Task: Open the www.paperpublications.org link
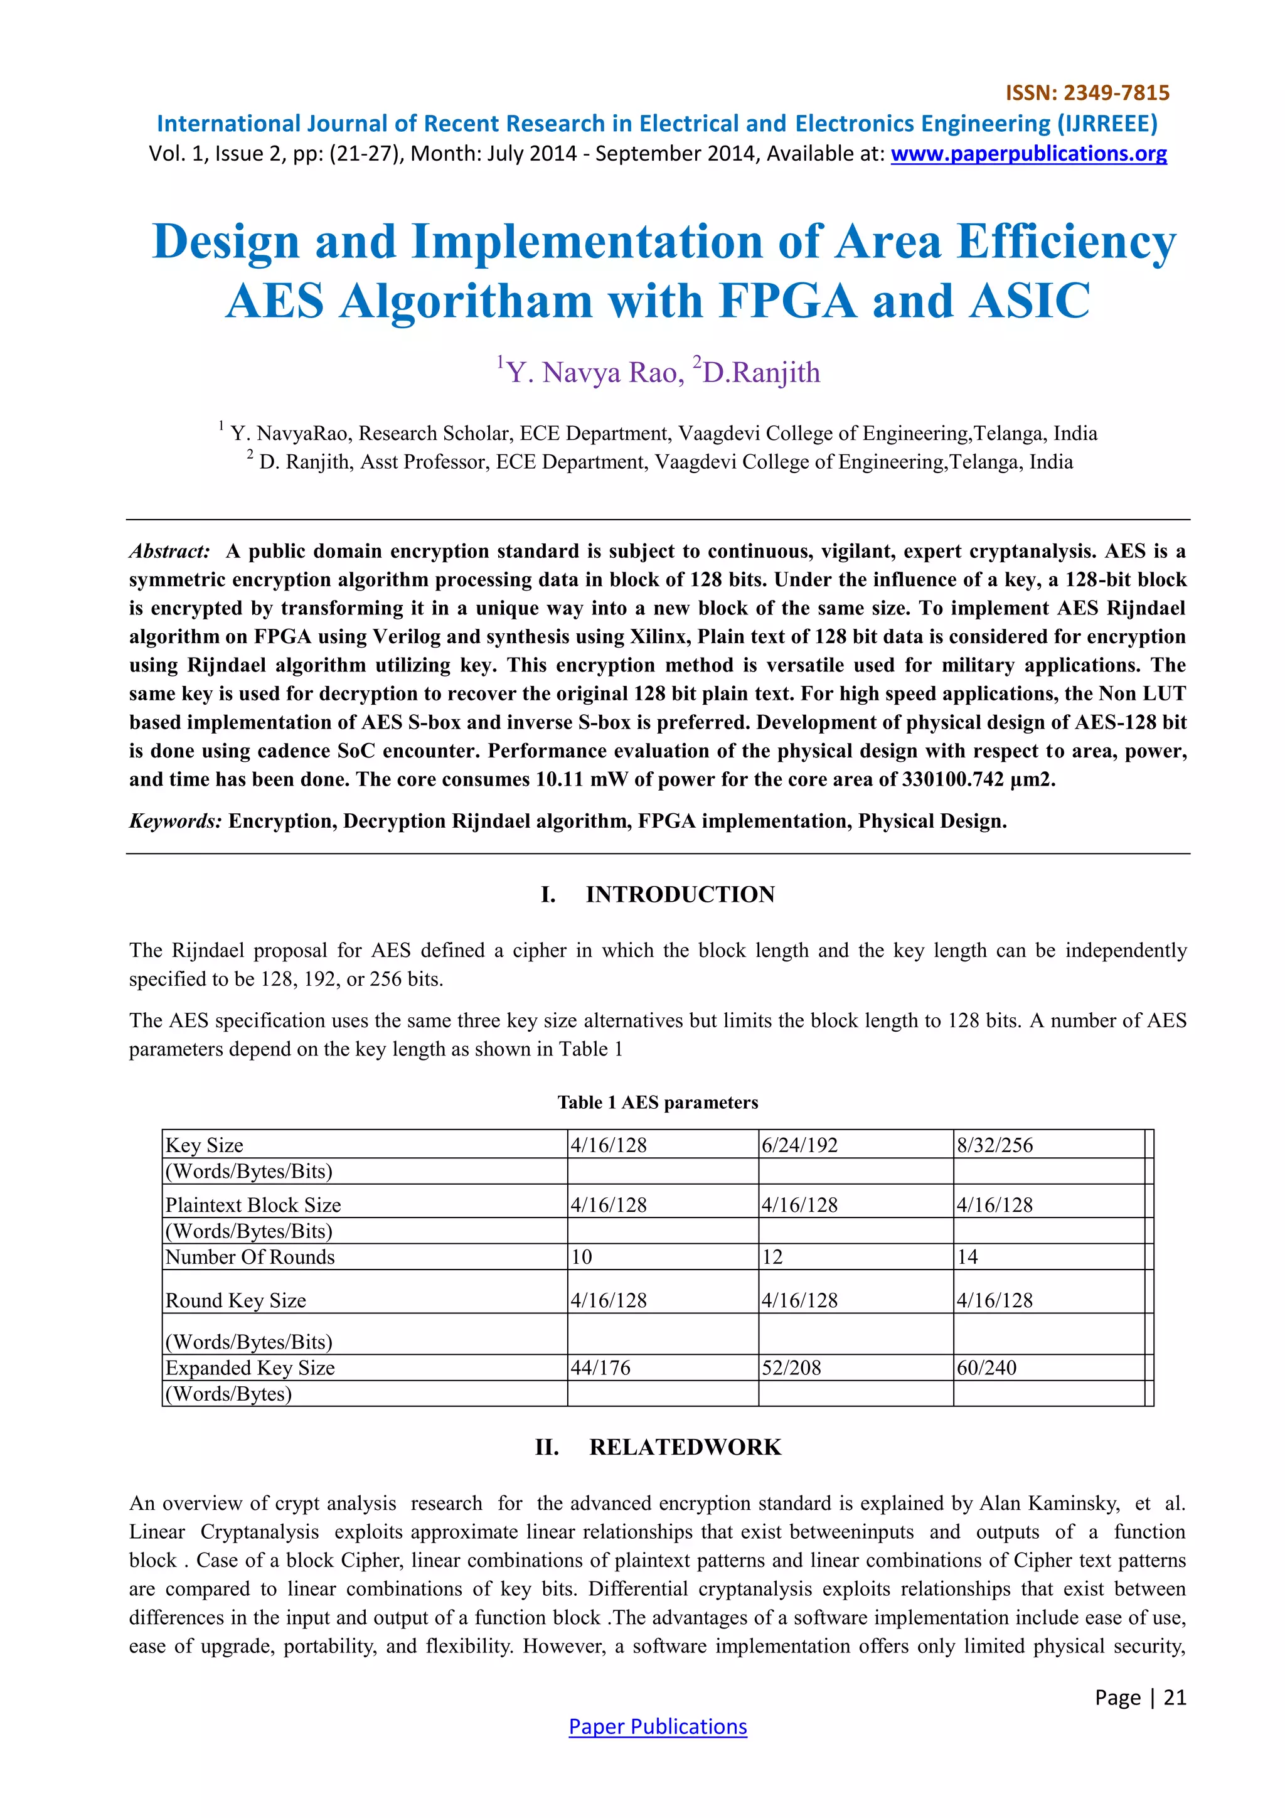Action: tap(1028, 154)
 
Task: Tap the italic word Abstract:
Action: tap(170, 551)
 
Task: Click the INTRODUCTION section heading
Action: tap(680, 895)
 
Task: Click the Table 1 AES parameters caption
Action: tap(657, 1102)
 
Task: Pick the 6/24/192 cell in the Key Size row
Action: tap(799, 1145)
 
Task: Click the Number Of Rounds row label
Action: tap(250, 1258)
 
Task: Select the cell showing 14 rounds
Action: tap(968, 1258)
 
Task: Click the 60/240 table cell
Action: tap(986, 1368)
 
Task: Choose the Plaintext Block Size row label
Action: tap(253, 1205)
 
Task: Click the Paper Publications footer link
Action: tap(657, 1727)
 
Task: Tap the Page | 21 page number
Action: tap(1140, 1697)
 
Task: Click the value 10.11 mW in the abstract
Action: tap(580, 780)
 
